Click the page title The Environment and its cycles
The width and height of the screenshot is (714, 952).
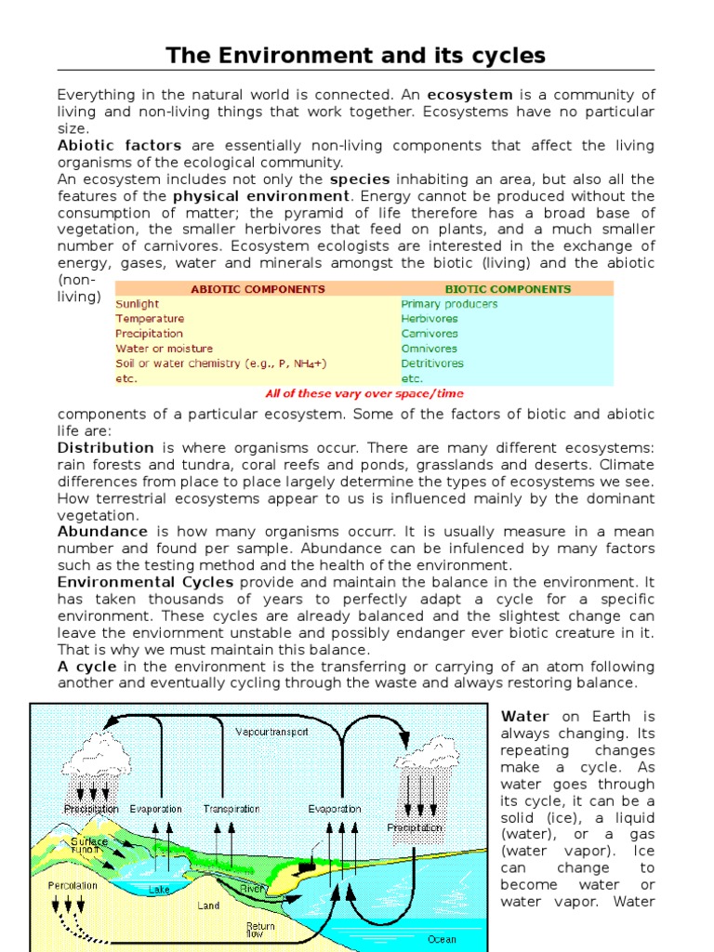point(356,56)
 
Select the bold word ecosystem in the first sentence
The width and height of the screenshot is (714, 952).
point(469,95)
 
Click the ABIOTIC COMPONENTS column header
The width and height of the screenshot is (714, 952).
point(258,289)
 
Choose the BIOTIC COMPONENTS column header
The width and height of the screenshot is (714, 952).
point(508,289)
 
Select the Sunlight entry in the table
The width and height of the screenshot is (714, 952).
point(137,304)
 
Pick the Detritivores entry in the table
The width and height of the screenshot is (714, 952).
point(431,364)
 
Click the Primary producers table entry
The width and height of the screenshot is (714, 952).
point(449,304)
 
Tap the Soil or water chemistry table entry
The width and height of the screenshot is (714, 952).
point(220,364)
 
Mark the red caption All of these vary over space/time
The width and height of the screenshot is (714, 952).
point(364,393)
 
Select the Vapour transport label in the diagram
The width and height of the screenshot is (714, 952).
point(271,732)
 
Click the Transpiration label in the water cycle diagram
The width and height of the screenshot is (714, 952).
point(232,809)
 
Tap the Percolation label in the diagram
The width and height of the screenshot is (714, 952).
point(73,885)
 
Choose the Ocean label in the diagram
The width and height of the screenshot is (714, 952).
point(442,939)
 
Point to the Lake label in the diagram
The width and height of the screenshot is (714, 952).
point(160,889)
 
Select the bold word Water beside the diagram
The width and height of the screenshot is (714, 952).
point(525,717)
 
